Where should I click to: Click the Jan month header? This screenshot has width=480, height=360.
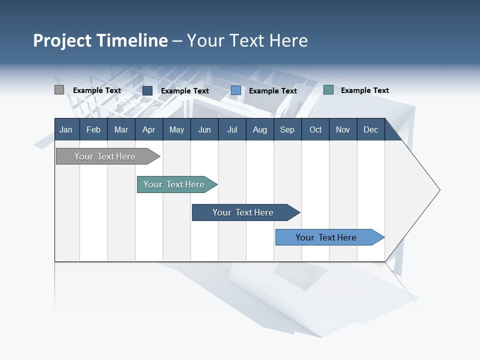pyautogui.click(x=66, y=129)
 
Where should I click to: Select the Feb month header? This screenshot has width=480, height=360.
pyautogui.click(x=93, y=129)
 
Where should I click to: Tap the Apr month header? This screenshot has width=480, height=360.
pyautogui.click(x=148, y=129)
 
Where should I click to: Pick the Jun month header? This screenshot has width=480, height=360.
pyautogui.click(x=204, y=129)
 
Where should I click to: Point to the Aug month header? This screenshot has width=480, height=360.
pyautogui.click(x=259, y=129)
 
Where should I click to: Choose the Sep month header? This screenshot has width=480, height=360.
pyautogui.click(x=287, y=129)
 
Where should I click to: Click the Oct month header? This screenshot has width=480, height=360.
pyautogui.click(x=315, y=129)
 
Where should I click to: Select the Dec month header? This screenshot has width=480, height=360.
pyautogui.click(x=370, y=129)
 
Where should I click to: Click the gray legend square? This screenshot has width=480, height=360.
pyautogui.click(x=59, y=90)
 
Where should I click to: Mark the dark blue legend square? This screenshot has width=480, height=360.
pyautogui.click(x=147, y=90)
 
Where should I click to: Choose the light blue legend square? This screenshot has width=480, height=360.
pyautogui.click(x=236, y=90)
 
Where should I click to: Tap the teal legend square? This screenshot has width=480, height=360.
pyautogui.click(x=328, y=90)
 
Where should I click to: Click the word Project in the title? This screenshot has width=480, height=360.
pyautogui.click(x=62, y=40)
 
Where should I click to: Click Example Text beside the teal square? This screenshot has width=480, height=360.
pyautogui.click(x=364, y=90)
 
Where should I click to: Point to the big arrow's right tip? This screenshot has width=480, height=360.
pyautogui.click(x=438, y=190)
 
